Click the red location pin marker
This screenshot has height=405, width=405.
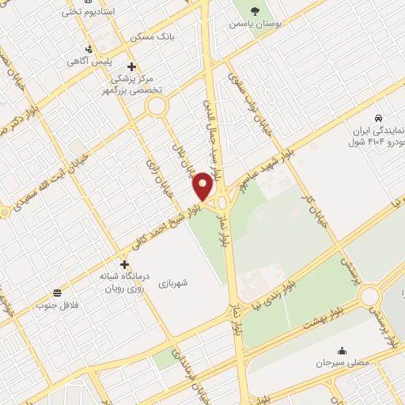click(203, 186)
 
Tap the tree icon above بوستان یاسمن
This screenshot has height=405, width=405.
click(255, 10)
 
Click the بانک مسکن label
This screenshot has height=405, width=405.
click(154, 36)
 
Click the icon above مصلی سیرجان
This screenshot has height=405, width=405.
click(342, 350)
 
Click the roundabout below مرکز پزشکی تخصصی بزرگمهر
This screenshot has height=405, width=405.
click(157, 105)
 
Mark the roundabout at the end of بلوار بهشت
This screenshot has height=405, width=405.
click(369, 297)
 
